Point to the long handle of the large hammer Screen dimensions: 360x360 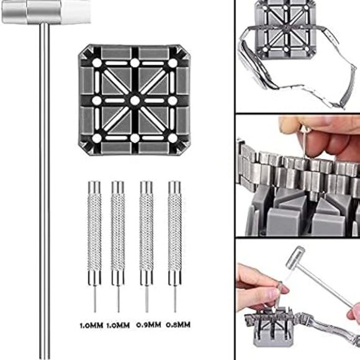pos(45,186)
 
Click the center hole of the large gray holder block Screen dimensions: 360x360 pos(134,101)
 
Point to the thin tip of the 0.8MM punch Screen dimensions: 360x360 pos(174,298)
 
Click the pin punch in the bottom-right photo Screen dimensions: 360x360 pos(281,292)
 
